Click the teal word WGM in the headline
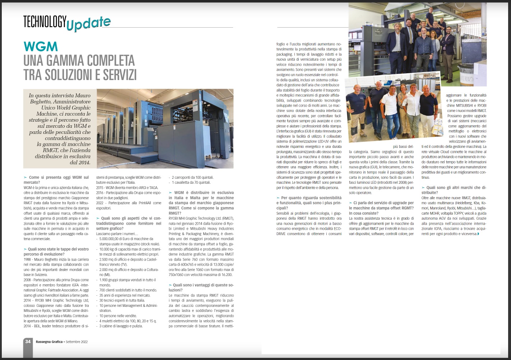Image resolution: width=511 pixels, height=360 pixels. [41, 47]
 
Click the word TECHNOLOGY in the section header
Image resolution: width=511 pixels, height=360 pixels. [45, 22]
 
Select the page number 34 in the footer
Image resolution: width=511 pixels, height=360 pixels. [28, 342]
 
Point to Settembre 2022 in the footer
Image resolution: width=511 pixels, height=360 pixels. [76, 342]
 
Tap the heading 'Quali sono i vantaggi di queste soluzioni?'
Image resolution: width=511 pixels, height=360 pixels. [201, 287]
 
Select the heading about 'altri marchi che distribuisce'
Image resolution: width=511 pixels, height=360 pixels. [454, 190]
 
